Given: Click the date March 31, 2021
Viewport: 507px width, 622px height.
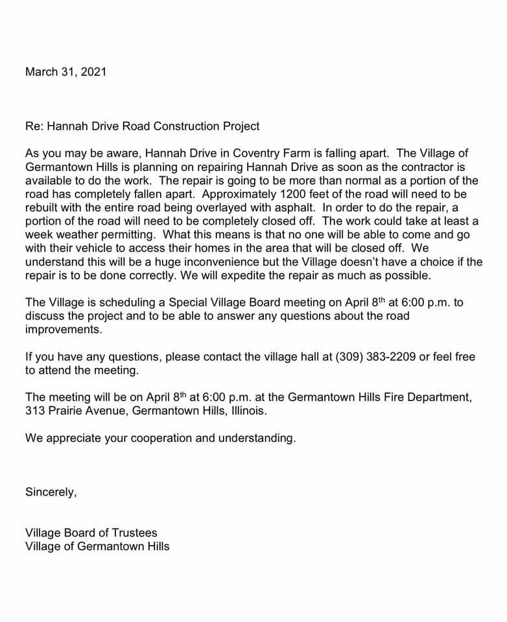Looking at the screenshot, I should click(65, 71).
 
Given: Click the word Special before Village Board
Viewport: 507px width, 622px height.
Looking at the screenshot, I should click(192, 303).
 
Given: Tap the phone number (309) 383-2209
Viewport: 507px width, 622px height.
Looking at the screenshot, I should click(376, 356).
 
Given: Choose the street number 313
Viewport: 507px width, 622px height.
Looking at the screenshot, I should click(34, 411).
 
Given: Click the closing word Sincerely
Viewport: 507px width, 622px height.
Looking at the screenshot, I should click(51, 492).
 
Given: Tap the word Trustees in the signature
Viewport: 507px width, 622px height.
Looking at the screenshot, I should click(134, 533).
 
